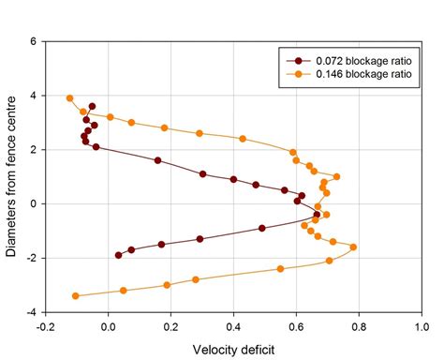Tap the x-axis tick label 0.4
tap(234, 327)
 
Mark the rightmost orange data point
tap(353, 247)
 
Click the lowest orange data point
tap(76, 296)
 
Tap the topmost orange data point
tap(69, 97)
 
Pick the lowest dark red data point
tap(118, 255)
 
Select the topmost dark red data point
tap(92, 107)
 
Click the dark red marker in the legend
tap(298, 59)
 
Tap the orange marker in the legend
tap(298, 72)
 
